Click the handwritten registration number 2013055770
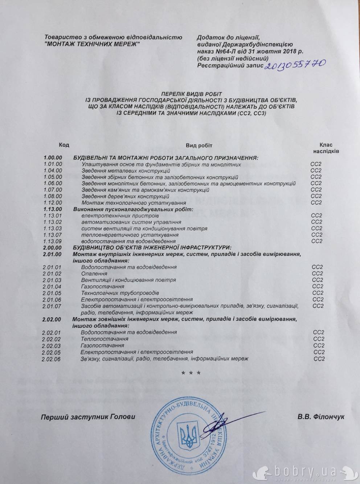pyautogui.click(x=295, y=65)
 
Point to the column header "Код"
pyautogui.click(x=64, y=145)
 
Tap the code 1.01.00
pyautogui.click(x=53, y=164)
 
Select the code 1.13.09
pyautogui.click(x=53, y=241)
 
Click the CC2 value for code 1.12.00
pyautogui.click(x=316, y=202)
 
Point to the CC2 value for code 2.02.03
pyautogui.click(x=318, y=345)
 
